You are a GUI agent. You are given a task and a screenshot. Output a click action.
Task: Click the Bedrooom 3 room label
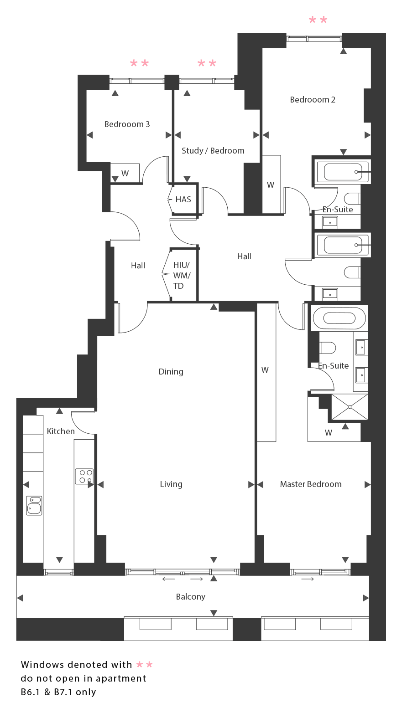coord(127,124)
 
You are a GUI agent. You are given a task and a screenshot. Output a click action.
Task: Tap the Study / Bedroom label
coord(213,150)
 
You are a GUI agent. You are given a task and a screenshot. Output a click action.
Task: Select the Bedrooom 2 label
coord(313,100)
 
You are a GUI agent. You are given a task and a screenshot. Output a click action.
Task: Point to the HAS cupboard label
coord(183,200)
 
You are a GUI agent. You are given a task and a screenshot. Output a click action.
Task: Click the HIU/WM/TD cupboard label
coord(182,276)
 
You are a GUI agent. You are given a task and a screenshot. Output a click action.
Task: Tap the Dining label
coord(171,372)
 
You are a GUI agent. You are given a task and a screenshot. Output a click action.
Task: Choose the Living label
coord(171,484)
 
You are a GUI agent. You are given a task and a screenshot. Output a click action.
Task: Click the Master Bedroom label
coord(311,484)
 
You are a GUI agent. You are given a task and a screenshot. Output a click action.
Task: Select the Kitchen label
coord(61,431)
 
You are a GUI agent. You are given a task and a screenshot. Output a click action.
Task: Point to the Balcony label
coord(191,597)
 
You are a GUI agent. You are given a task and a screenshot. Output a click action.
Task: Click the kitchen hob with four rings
coord(84,476)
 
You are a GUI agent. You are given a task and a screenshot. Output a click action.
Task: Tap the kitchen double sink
coord(34,505)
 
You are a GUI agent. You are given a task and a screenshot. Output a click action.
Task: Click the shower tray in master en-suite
coord(350,407)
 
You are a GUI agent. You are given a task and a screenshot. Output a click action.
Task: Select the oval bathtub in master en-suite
coord(339,318)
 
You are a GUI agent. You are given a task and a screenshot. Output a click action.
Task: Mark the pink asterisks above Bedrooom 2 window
coord(318,20)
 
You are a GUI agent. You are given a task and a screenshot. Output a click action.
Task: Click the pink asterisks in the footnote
coord(144,665)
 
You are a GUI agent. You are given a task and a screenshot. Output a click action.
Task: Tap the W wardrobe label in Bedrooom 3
coord(125,174)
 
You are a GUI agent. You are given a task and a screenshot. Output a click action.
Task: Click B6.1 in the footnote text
coord(30,692)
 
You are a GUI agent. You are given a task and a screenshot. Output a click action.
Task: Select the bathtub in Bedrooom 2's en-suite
coord(343,172)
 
